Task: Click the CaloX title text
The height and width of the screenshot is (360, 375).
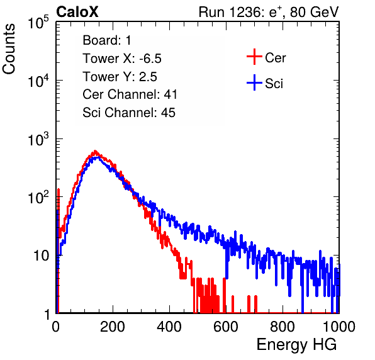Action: [77, 12]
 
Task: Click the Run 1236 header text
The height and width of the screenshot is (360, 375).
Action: [269, 12]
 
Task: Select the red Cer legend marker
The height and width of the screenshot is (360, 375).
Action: [254, 57]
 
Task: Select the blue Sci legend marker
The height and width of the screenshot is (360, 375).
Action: [254, 82]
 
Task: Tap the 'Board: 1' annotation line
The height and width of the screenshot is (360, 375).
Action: [107, 40]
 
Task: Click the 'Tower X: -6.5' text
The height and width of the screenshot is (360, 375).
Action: [122, 59]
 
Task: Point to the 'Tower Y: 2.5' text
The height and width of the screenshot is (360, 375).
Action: [120, 77]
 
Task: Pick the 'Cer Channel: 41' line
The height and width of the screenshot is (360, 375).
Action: [130, 94]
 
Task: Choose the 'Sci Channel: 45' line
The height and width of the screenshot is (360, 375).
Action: [129, 113]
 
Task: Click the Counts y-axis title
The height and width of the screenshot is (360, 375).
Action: [9, 48]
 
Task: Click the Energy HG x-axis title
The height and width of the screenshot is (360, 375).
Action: [296, 345]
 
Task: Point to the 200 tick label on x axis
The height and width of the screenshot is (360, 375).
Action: [113, 327]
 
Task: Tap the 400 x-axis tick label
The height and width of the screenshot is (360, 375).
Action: [169, 327]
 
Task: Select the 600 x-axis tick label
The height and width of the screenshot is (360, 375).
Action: [226, 327]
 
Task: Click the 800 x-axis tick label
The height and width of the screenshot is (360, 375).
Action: [283, 327]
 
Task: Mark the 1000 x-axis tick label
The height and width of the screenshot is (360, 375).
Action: [339, 327]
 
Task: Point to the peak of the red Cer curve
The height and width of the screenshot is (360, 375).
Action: [96, 151]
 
